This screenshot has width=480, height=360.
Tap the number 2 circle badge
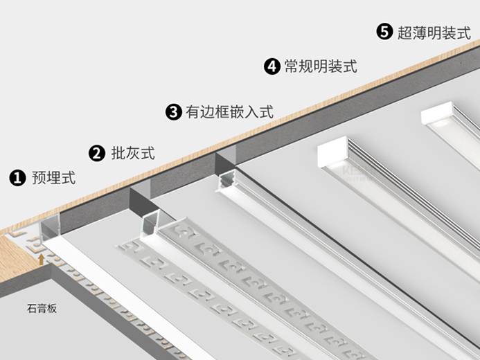coord(97,153)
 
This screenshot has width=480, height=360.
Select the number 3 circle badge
coord(174,111)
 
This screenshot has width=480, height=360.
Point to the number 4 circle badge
coord(272,66)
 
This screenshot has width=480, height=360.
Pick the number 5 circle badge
coord(384,32)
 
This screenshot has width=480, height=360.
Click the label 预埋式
coord(53,178)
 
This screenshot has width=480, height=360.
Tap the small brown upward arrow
coord(42,260)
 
